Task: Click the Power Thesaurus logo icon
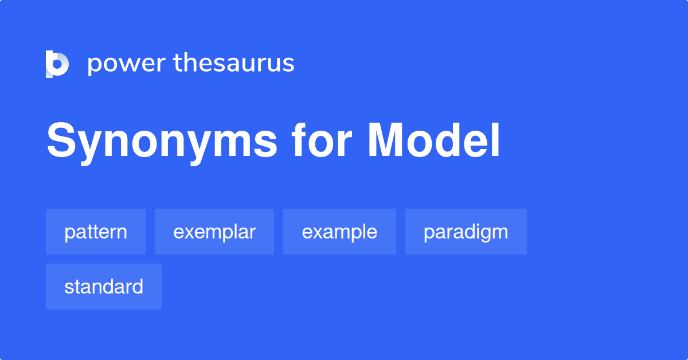coord(57,64)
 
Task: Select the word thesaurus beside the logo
coord(234,64)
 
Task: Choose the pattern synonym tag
coord(96,232)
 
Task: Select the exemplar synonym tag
coord(214,232)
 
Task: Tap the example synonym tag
coord(339,232)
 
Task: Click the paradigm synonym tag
coord(466,232)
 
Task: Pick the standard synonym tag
coord(104,287)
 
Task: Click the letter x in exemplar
coord(190,232)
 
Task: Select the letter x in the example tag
coord(319,232)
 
